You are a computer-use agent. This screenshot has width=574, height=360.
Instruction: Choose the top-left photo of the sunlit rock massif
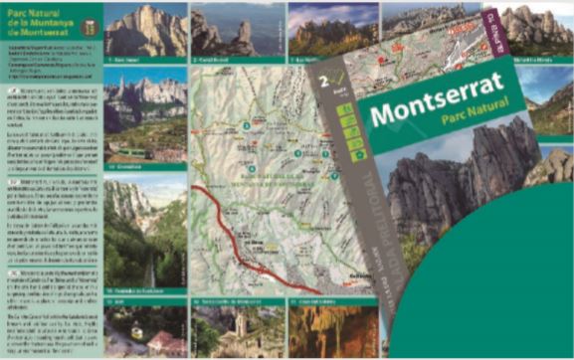[145, 30]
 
